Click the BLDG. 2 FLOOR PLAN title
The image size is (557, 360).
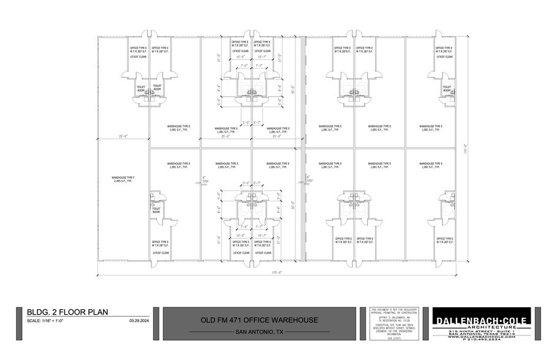[63, 312]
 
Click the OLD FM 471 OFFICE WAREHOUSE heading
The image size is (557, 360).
[260, 320]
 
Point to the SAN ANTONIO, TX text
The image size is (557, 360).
[260, 332]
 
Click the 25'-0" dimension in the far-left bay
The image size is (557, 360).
[123, 136]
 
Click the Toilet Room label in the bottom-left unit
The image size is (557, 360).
[156, 210]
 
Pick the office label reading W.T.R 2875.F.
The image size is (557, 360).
[343, 50]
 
